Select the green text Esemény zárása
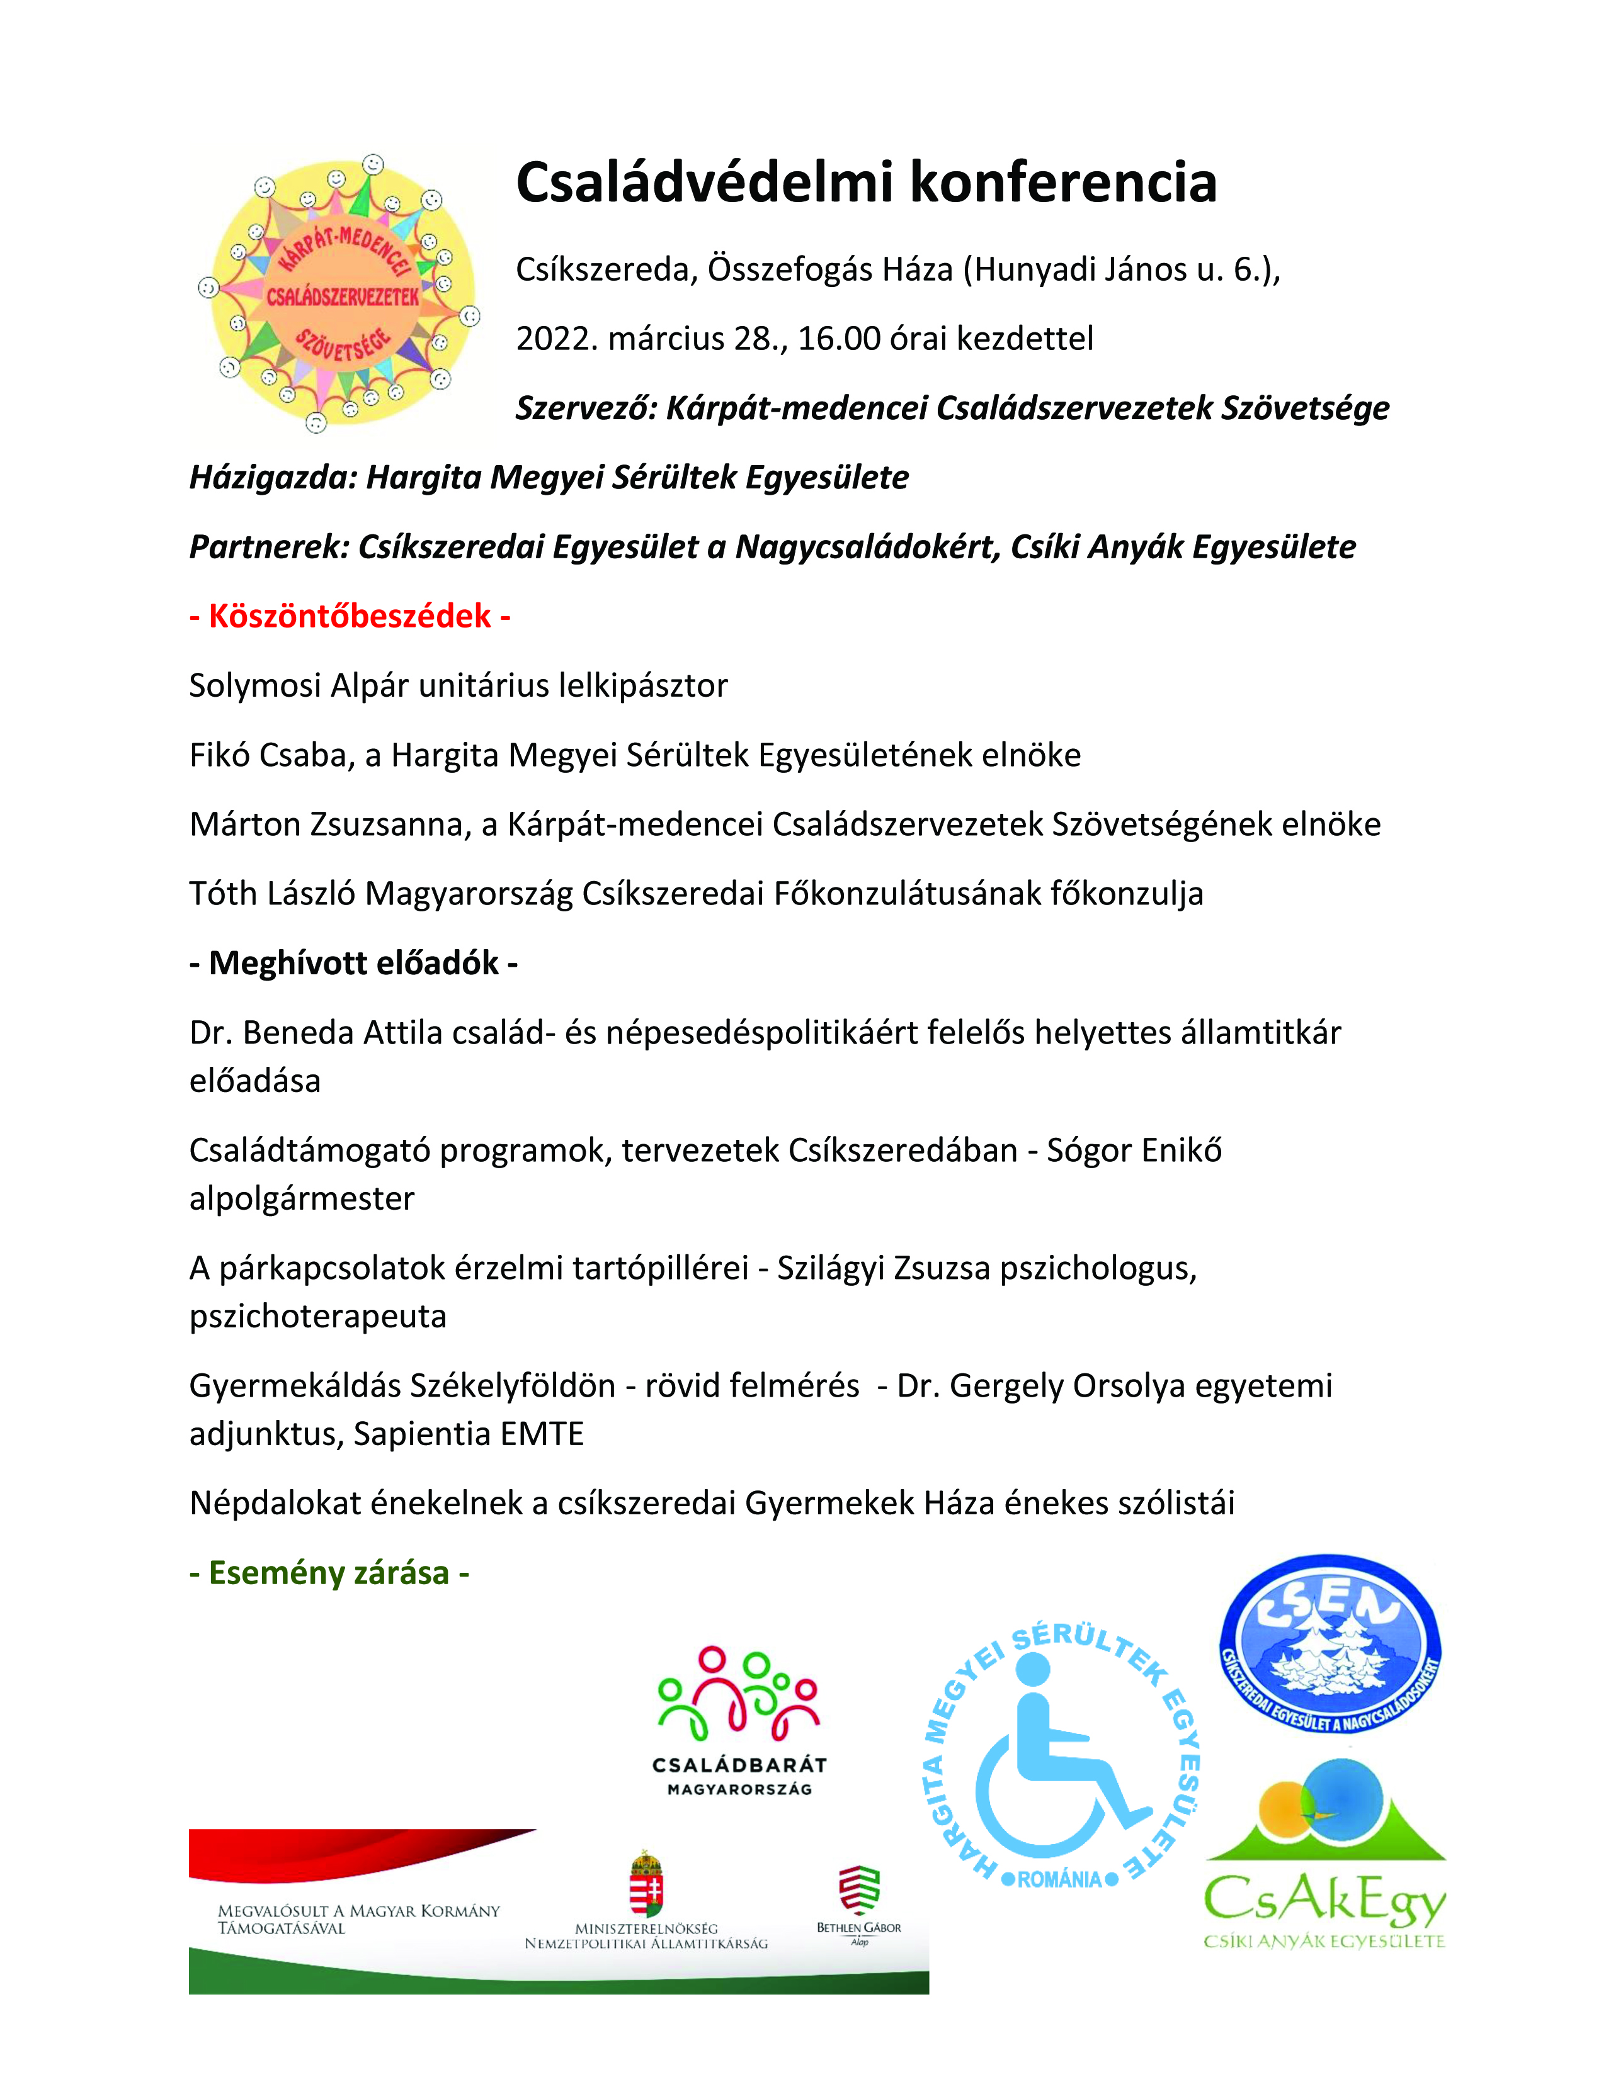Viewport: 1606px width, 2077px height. click(x=329, y=1573)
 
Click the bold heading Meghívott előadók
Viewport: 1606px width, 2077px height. click(x=353, y=964)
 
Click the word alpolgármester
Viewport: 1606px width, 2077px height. click(x=302, y=1198)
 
